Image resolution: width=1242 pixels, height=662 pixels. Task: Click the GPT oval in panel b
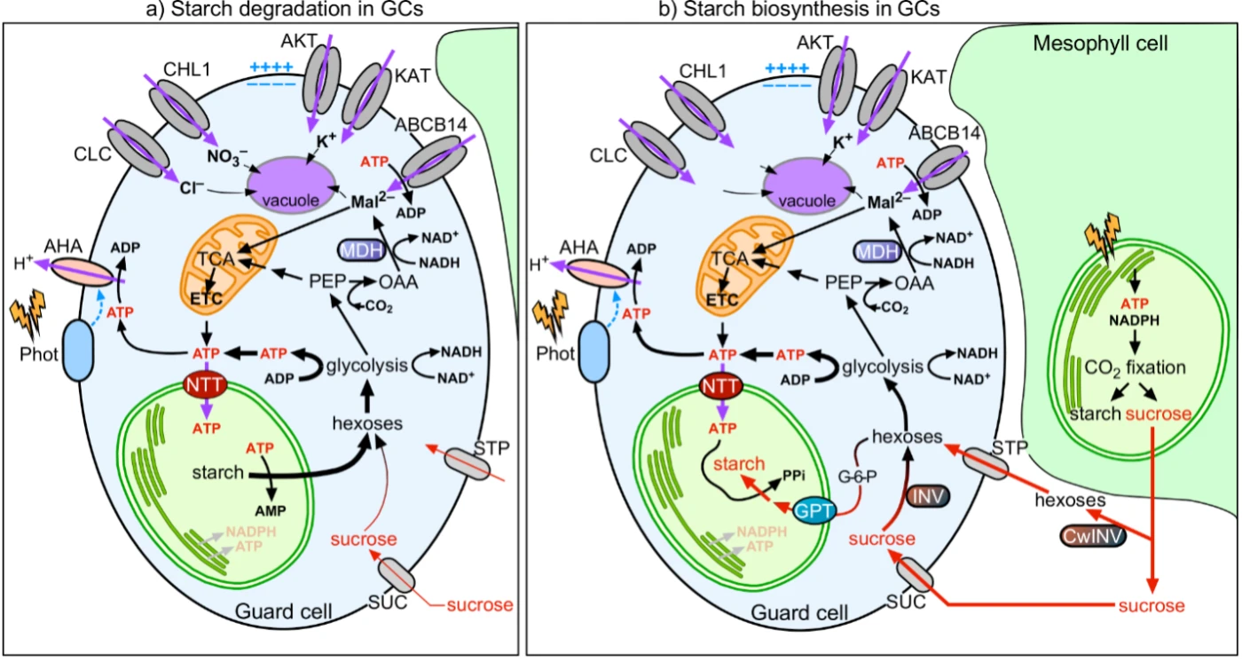click(x=814, y=510)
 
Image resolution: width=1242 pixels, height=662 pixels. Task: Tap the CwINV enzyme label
click(x=1093, y=536)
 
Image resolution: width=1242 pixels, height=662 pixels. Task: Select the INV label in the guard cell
click(x=928, y=496)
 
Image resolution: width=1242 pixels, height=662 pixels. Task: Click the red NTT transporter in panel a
click(x=206, y=385)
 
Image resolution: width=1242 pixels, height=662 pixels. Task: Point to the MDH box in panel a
click(x=362, y=250)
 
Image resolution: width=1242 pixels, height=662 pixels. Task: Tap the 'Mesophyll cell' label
click(x=1100, y=43)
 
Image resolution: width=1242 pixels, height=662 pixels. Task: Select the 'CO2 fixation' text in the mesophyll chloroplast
click(x=1135, y=367)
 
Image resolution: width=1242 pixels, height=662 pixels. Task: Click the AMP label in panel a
click(x=271, y=510)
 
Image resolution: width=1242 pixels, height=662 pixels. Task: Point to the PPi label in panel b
click(x=793, y=476)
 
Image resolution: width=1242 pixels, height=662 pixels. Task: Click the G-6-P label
click(x=857, y=477)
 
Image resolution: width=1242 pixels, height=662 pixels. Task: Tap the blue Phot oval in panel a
click(x=79, y=351)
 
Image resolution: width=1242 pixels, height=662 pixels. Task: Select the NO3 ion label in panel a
click(x=227, y=157)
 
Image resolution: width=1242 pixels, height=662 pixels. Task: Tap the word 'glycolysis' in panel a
click(x=367, y=366)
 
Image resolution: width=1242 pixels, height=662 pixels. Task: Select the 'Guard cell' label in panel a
click(x=283, y=611)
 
